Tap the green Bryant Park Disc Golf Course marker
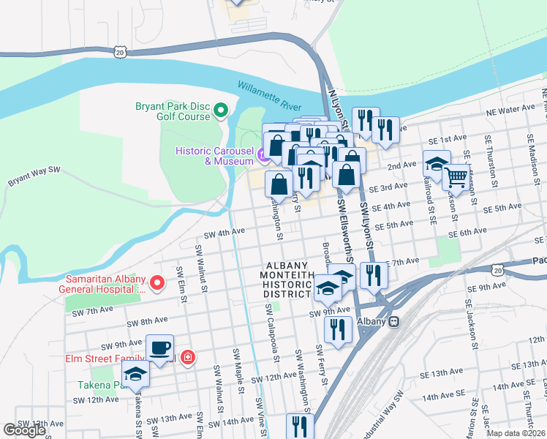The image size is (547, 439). point(222,111)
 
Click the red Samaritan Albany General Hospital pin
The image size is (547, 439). point(156,282)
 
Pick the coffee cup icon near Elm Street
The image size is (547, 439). point(159,348)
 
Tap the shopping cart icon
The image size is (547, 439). point(456,176)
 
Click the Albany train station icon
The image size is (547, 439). point(394,321)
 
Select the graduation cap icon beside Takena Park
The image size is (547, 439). point(135,375)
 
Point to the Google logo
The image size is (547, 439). point(24,430)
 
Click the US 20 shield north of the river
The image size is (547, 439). point(121,51)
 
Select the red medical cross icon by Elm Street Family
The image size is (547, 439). point(188,358)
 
